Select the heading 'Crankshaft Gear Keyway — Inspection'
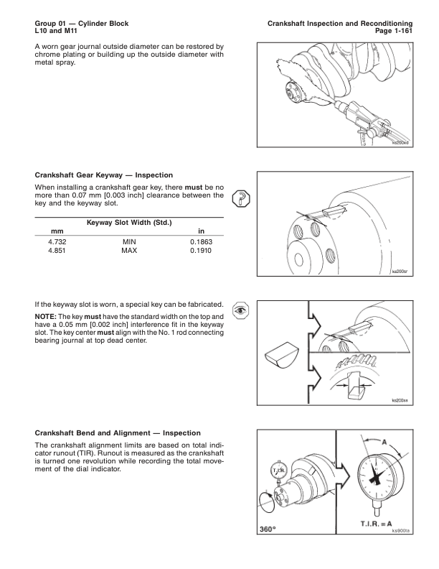103,175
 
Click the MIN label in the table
130,242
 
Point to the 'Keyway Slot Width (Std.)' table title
129,222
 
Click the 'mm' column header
49,231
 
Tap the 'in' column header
202,231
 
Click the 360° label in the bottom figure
268,530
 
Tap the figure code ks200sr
399,272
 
